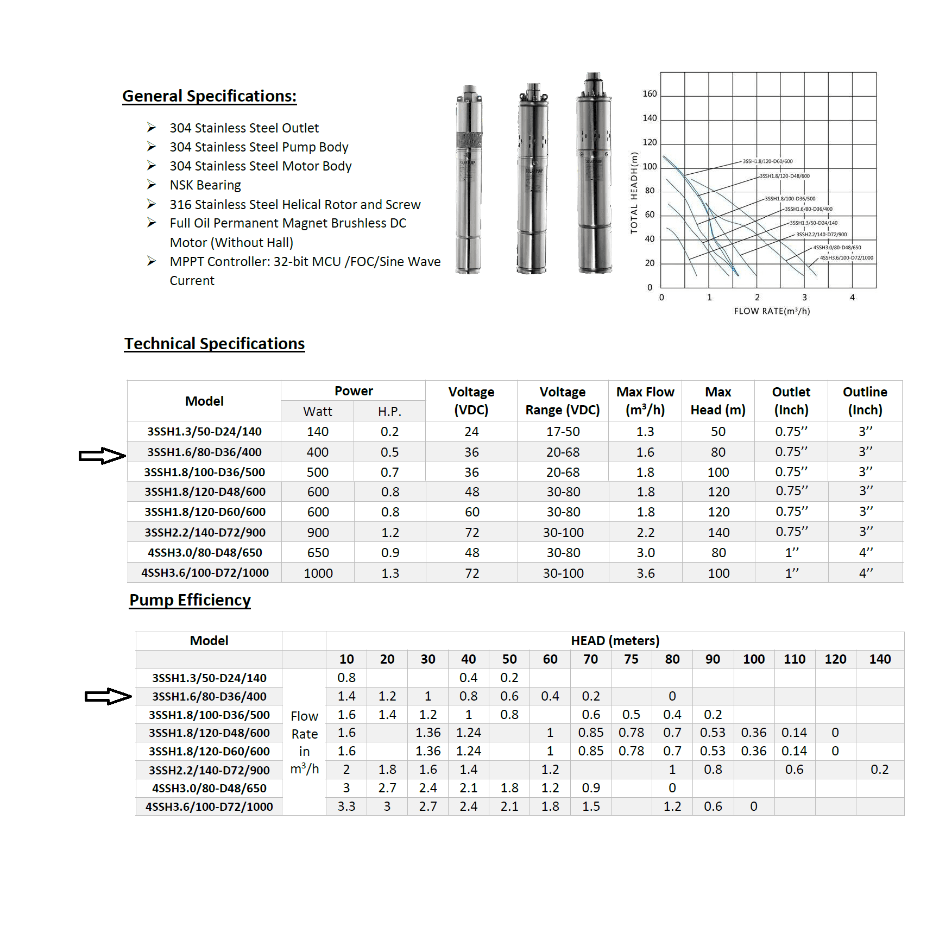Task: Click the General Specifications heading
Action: pyautogui.click(x=209, y=96)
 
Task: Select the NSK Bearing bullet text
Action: pyautogui.click(x=205, y=185)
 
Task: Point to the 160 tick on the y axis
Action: pyautogui.click(x=650, y=94)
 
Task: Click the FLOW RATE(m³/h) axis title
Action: pyautogui.click(x=772, y=311)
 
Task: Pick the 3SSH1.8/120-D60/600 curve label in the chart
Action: pyautogui.click(x=767, y=161)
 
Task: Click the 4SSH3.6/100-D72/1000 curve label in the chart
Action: pyautogui.click(x=846, y=258)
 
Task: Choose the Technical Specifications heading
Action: pyautogui.click(x=215, y=344)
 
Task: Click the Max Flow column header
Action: pyautogui.click(x=645, y=401)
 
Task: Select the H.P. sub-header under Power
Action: pyautogui.click(x=389, y=412)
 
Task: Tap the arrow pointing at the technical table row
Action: pyautogui.click(x=102, y=456)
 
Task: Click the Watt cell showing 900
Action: pyautogui.click(x=318, y=533)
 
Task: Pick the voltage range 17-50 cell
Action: pyautogui.click(x=563, y=432)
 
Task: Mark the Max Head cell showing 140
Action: pyautogui.click(x=718, y=533)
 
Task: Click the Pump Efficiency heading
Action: pyautogui.click(x=190, y=600)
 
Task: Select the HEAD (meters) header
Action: pyautogui.click(x=615, y=641)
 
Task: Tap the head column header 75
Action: pyautogui.click(x=631, y=659)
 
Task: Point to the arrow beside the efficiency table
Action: pyautogui.click(x=108, y=696)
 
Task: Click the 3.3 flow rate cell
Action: pyautogui.click(x=346, y=806)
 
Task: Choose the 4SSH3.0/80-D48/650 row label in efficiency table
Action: pyautogui.click(x=209, y=789)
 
